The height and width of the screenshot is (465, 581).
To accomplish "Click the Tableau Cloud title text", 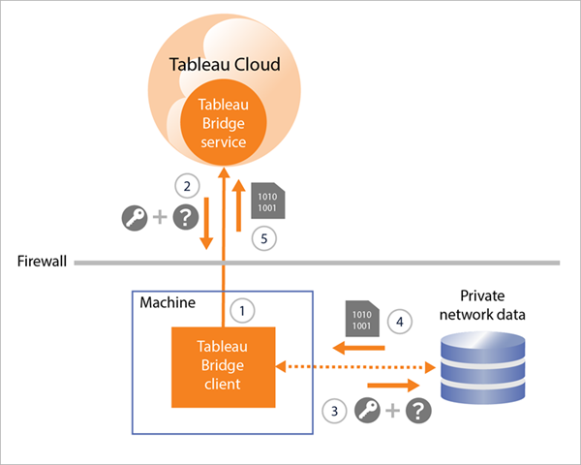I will [x=225, y=65].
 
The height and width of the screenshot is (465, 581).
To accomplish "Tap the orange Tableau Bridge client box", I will [x=224, y=367].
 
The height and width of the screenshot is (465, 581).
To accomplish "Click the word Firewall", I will [x=41, y=262].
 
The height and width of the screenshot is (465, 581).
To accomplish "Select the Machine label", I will [x=167, y=303].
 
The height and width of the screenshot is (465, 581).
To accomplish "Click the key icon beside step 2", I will [x=137, y=218].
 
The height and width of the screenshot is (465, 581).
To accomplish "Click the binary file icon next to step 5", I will [x=265, y=201].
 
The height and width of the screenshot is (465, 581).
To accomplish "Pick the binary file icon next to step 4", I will [x=362, y=319].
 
